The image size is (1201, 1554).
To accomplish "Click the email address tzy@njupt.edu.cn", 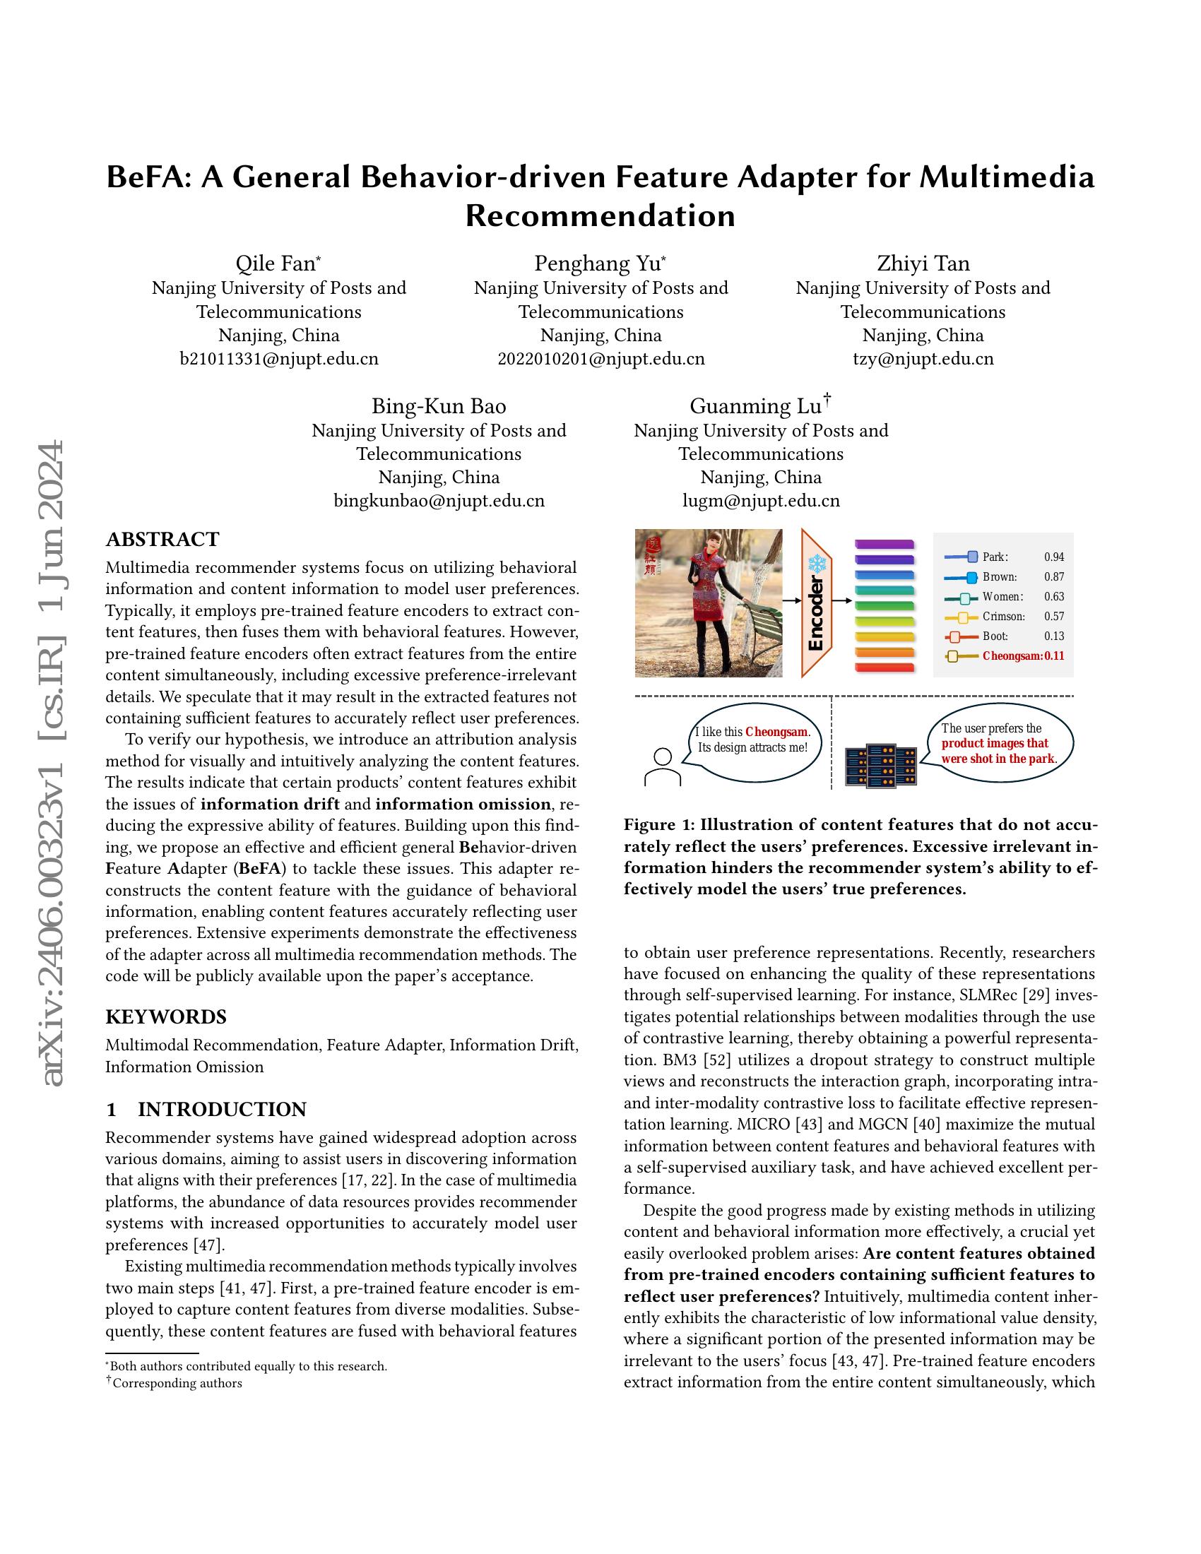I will (x=923, y=359).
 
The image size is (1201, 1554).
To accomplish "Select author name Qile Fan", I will (x=276, y=263).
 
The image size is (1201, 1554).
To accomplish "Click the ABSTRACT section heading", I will (x=162, y=539).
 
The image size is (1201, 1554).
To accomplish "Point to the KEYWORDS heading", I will (x=166, y=1016).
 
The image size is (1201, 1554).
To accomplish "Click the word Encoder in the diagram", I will (x=816, y=613).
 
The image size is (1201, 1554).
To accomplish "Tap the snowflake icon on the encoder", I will (x=815, y=565).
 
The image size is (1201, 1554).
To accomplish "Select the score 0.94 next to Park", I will (x=1054, y=557).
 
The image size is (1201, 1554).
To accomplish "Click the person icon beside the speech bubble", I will (x=663, y=766).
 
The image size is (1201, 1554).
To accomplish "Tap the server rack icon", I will (x=880, y=766).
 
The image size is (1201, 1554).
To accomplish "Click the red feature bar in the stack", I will (x=885, y=668).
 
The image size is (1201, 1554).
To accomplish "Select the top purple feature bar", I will (x=885, y=545).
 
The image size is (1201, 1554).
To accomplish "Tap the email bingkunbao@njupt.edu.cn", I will (x=439, y=501).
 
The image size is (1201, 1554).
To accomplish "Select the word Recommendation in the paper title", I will (x=600, y=215).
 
